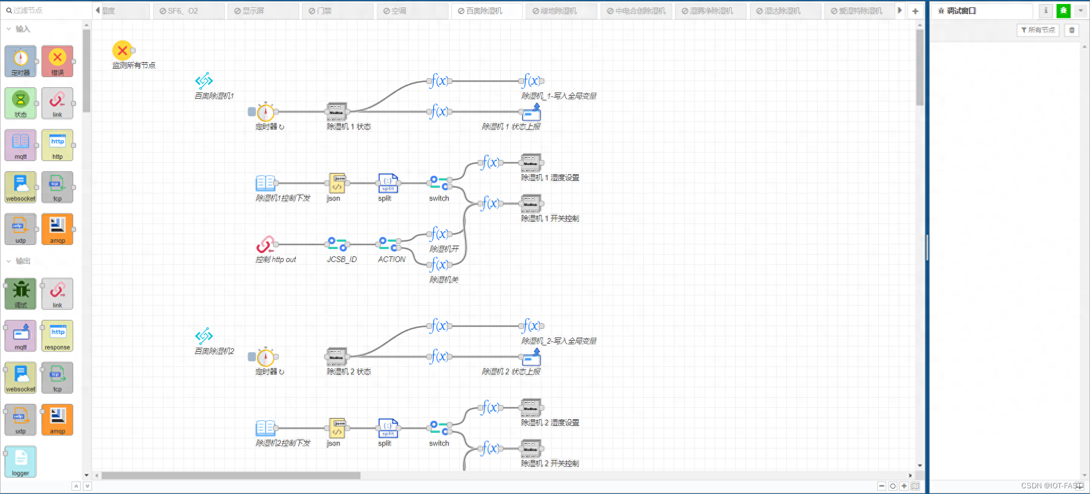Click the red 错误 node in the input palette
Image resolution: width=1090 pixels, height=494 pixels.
(x=57, y=61)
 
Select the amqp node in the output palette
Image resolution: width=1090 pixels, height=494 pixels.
(x=57, y=419)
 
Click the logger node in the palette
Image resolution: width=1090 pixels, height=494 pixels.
(x=21, y=461)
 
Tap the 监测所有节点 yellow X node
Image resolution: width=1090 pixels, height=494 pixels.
(x=122, y=50)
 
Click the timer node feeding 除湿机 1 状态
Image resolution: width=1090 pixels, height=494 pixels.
(x=265, y=112)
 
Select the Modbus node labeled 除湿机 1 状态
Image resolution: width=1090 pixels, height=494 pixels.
(x=337, y=112)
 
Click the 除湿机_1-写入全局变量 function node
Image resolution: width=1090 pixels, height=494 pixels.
(x=531, y=81)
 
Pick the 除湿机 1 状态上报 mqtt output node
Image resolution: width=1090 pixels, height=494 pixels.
(x=531, y=112)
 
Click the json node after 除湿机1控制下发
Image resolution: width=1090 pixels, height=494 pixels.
(x=337, y=183)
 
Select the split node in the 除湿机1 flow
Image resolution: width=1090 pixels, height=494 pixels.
(x=388, y=183)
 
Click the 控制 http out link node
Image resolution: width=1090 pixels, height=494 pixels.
(x=265, y=244)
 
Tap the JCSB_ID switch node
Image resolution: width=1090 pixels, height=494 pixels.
(x=337, y=244)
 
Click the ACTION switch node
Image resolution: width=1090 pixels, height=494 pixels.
(x=388, y=244)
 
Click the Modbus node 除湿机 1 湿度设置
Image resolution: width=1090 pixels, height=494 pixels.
(x=531, y=163)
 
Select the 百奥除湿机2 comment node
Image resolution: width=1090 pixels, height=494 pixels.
(x=204, y=336)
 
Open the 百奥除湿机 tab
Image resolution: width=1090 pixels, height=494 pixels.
(x=484, y=11)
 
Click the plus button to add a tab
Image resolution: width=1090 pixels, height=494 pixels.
(x=915, y=11)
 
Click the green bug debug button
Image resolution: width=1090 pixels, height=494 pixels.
(x=1063, y=11)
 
